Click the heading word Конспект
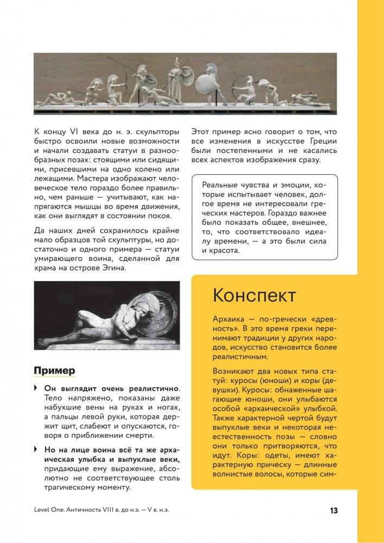point(254,296)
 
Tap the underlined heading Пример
point(54,370)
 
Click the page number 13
point(334,511)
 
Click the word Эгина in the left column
point(112,268)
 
